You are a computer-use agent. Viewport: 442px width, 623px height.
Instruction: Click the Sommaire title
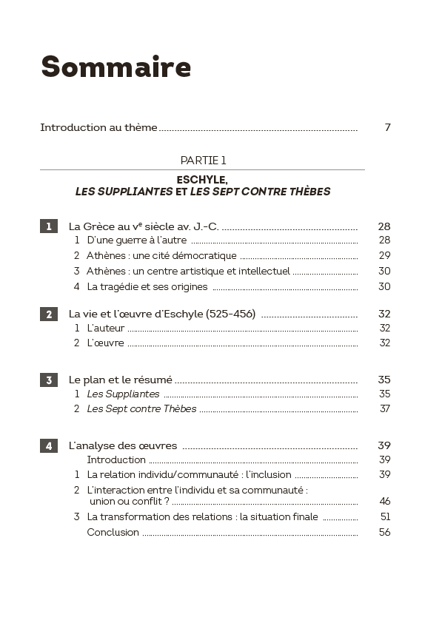[x=115, y=67]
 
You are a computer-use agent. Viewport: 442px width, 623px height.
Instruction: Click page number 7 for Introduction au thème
[x=387, y=127]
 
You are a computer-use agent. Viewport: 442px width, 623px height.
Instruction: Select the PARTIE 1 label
[x=203, y=160]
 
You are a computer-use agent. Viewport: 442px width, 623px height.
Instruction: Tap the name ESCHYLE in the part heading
[x=202, y=179]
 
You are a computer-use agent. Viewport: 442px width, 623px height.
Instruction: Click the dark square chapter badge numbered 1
[x=48, y=226]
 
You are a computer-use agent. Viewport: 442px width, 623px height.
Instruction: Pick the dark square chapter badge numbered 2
[x=48, y=314]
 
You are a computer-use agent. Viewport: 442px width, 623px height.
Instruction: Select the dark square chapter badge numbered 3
[x=48, y=380]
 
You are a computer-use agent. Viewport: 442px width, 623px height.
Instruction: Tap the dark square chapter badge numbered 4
[x=48, y=445]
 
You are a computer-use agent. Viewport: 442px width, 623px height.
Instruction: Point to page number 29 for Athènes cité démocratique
[x=384, y=256]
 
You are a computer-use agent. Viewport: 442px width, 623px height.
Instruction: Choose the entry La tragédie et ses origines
[x=147, y=287]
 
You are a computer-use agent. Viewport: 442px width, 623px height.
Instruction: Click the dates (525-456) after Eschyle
[x=230, y=314]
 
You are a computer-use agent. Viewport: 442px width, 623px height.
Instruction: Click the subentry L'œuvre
[x=106, y=343]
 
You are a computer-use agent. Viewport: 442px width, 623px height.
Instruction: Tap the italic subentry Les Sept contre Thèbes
[x=141, y=409]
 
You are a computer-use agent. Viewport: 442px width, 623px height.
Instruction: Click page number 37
[x=384, y=409]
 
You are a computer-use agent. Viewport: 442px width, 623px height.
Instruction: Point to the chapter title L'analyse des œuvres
[x=123, y=445]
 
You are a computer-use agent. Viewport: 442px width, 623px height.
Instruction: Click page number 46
[x=384, y=502]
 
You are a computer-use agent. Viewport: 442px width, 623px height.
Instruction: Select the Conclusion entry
[x=113, y=533]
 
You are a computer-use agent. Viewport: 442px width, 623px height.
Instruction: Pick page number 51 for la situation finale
[x=384, y=517]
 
